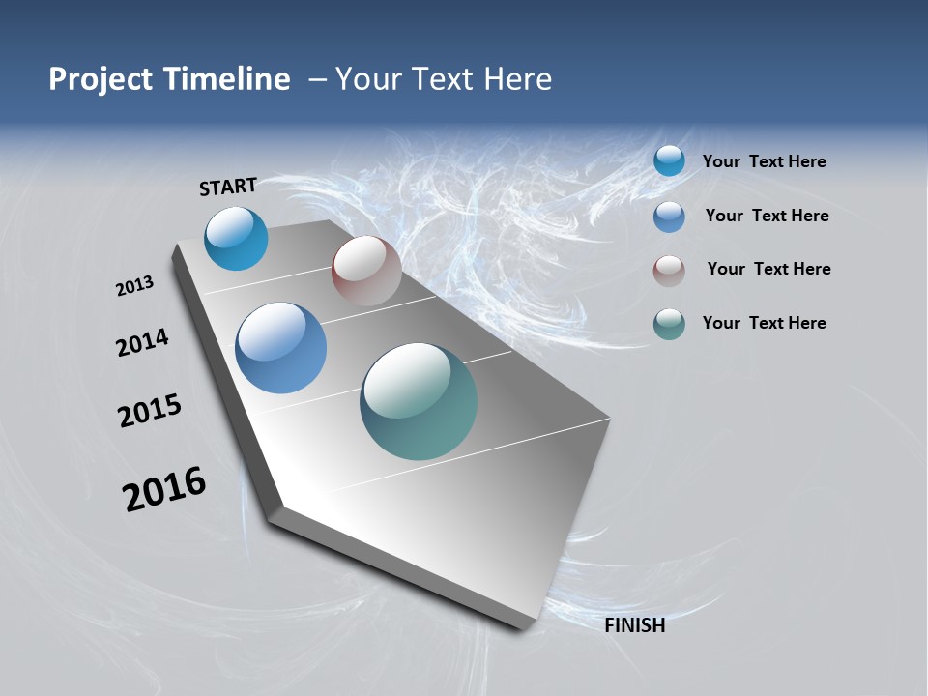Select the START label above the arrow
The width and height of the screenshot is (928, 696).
228,187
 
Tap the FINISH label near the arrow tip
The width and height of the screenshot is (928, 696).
634,625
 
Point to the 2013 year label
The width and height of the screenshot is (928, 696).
134,286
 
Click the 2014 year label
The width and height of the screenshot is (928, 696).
142,342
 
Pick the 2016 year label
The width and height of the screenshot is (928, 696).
164,489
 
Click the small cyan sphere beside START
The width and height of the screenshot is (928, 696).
236,239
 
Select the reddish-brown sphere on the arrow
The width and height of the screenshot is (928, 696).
366,271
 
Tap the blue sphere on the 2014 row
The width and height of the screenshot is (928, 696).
280,348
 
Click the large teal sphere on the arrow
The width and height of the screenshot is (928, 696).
419,401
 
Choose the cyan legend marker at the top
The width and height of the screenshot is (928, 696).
669,161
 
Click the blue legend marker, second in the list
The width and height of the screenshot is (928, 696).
669,217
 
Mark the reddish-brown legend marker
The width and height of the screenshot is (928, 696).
669,271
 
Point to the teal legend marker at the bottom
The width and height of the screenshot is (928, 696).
669,324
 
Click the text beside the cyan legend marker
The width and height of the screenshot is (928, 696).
764,161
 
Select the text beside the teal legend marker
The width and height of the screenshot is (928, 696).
764,323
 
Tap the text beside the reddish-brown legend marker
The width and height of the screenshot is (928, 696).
768,269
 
